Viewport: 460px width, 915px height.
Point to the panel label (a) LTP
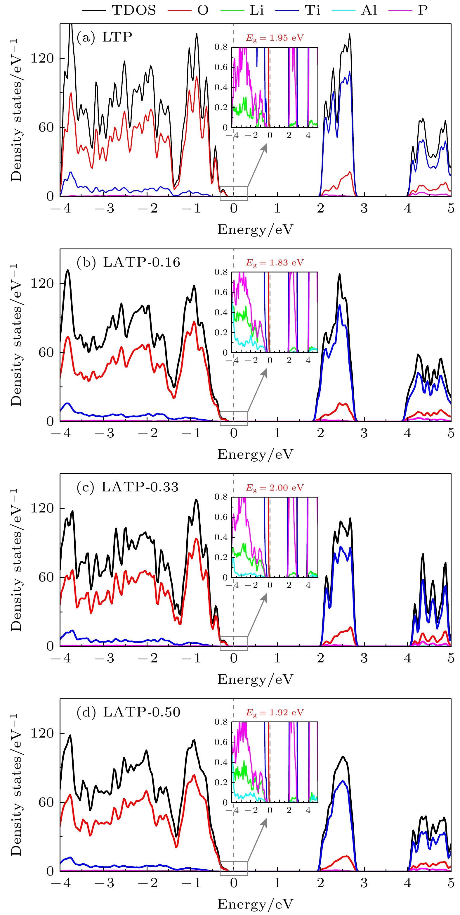104,37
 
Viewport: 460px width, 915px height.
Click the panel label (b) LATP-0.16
129,262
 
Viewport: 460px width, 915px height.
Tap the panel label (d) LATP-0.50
129,712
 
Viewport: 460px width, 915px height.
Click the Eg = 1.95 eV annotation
275,38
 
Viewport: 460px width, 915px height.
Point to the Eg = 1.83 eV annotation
275,263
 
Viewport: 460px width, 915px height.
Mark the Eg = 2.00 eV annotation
275,488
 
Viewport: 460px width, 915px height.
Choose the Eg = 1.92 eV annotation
275,712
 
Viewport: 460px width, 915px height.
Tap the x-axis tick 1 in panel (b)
277,433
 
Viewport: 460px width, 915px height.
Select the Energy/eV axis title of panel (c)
255,679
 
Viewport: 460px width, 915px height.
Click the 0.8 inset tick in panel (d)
221,722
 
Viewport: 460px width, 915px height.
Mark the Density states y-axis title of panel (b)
16,335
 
